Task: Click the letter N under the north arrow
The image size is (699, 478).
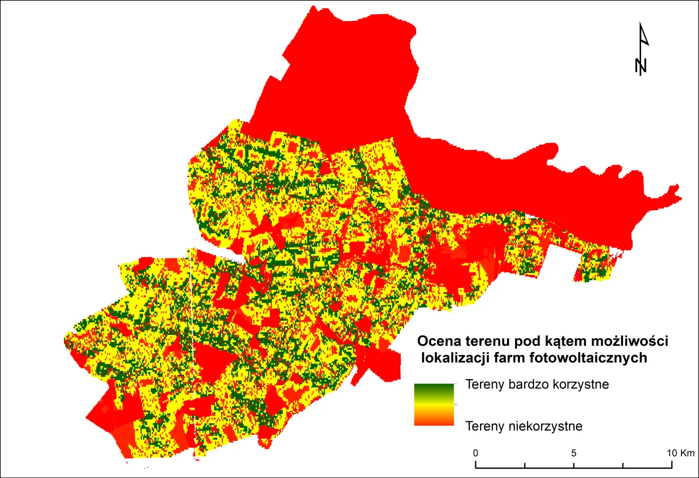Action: pyautogui.click(x=641, y=66)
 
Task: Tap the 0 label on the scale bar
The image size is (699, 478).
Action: pyautogui.click(x=476, y=453)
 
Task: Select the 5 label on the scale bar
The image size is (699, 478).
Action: pyautogui.click(x=574, y=453)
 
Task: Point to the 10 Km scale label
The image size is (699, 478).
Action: pyautogui.click(x=680, y=453)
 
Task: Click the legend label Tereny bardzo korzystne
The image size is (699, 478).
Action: pyautogui.click(x=537, y=384)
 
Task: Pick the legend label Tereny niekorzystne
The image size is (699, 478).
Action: pyautogui.click(x=524, y=426)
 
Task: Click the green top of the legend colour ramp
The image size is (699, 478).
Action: pyautogui.click(x=434, y=388)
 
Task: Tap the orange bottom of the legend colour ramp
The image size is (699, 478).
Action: pyautogui.click(x=434, y=421)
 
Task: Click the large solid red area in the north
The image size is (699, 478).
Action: pyautogui.click(x=349, y=71)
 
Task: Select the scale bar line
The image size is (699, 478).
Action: pyautogui.click(x=574, y=467)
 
